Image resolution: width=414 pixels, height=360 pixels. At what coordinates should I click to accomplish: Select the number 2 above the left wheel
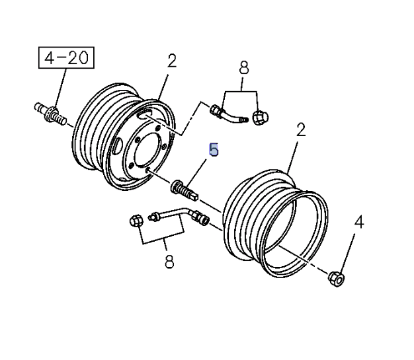point(172,61)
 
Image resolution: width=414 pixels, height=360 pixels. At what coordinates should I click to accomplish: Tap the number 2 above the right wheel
point(300,129)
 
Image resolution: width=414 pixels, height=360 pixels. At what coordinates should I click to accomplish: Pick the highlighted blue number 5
point(213,151)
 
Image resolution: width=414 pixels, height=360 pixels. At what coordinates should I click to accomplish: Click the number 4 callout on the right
point(359,222)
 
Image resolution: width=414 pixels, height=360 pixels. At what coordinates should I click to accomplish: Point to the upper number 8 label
point(243,67)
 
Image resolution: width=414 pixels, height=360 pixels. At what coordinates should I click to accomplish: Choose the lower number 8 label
point(169,262)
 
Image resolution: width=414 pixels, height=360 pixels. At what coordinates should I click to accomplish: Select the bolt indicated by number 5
point(185,188)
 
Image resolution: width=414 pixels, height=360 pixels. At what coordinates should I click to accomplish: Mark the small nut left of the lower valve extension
point(136,221)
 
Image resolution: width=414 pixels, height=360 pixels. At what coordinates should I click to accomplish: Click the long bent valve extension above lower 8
point(175,215)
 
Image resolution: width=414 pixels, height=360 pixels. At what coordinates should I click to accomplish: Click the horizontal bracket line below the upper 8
point(241,90)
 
